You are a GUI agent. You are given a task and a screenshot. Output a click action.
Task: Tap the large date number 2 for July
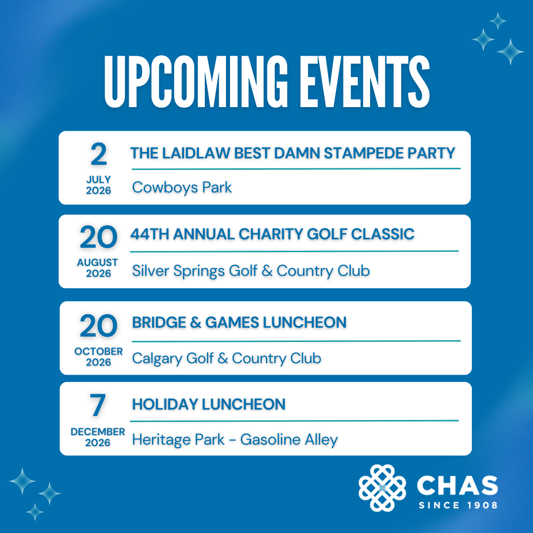coord(99,155)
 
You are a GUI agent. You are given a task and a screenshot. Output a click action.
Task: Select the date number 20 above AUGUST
coord(98,238)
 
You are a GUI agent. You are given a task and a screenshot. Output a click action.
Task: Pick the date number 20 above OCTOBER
coord(99,327)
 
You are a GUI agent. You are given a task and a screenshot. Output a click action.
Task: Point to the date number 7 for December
coord(98,406)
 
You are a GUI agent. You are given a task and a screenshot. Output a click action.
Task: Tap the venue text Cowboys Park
coord(182,188)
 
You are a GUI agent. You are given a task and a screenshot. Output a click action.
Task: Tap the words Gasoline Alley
coord(289,439)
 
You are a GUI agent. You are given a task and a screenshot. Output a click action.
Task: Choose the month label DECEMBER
coord(98,432)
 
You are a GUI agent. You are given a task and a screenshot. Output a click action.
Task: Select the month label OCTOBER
coord(99,351)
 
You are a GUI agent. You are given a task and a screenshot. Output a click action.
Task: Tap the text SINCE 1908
coord(457,505)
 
